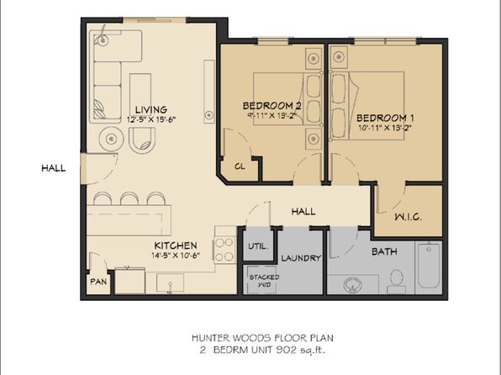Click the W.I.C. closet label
408,217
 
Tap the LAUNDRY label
300,258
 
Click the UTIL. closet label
257,246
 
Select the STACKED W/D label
258,279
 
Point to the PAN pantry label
98,283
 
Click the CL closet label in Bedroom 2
239,166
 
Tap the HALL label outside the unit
53,168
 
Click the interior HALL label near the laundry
303,212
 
